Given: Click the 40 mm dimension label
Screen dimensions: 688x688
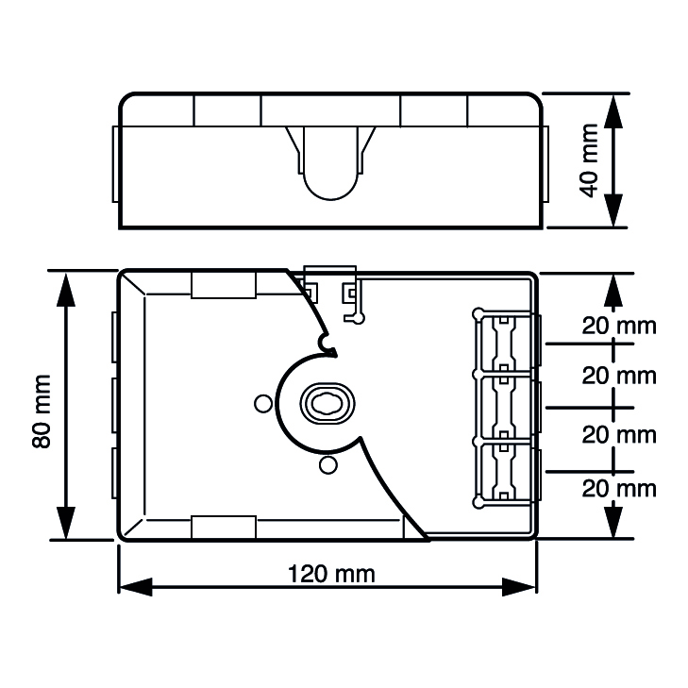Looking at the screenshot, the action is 589,160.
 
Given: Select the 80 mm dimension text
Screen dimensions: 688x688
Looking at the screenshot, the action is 42,411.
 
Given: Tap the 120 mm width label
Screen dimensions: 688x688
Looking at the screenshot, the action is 331,574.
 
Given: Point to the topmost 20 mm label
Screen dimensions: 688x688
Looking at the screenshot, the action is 619,326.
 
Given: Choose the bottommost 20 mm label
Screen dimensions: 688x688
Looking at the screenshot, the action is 619,489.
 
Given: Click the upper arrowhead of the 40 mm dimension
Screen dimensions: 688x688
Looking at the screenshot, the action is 613,112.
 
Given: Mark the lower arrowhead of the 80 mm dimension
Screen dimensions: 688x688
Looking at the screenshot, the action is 66,523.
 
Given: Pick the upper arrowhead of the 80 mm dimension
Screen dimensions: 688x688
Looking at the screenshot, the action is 66,290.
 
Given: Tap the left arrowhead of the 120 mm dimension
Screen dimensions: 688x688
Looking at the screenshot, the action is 135,587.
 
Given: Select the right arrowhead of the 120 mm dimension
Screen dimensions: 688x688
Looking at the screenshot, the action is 519,587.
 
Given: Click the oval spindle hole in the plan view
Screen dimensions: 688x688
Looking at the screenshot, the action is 327,404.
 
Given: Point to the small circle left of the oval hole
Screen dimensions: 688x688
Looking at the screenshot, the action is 263,404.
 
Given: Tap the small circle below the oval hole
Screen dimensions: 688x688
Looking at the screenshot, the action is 328,465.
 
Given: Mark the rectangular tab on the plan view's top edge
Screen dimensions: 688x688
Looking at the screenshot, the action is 224,285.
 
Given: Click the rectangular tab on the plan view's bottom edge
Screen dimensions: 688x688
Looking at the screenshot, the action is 224,528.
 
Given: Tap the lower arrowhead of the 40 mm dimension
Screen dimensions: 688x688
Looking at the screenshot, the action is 613,210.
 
